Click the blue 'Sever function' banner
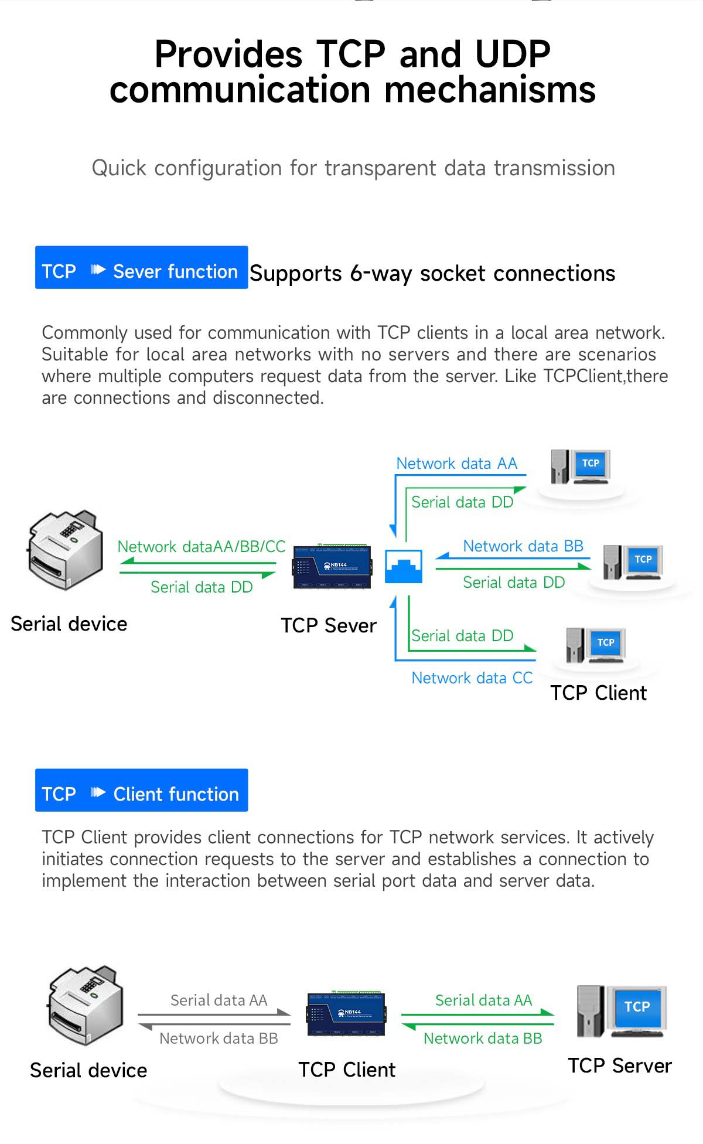tap(141, 268)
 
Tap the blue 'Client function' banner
tap(141, 791)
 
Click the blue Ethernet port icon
tap(404, 566)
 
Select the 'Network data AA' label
tap(457, 464)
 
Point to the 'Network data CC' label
tap(472, 678)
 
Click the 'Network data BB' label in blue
tap(523, 546)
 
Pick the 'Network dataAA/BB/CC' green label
tap(202, 547)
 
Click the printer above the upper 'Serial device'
tap(66, 549)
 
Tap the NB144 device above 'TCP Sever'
tap(332, 566)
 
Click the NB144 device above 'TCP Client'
tap(346, 1013)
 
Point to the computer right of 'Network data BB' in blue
tap(633, 563)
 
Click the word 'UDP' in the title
tap(513, 55)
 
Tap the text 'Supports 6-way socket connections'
tap(432, 274)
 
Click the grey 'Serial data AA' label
tap(219, 1000)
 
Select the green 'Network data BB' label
tap(483, 1039)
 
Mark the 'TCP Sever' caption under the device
tap(328, 626)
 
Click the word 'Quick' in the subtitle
tap(119, 168)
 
